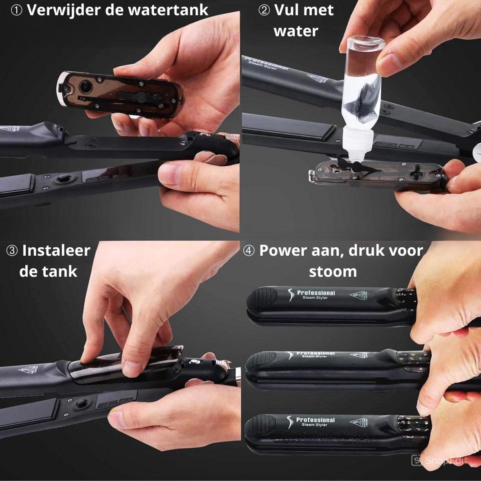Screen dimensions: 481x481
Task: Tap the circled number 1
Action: (x=16, y=10)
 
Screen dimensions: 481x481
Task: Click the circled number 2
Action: (x=264, y=10)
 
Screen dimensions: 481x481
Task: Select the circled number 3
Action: (x=12, y=251)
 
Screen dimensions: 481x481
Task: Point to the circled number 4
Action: (x=249, y=251)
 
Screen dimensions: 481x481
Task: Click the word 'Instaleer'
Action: (x=56, y=251)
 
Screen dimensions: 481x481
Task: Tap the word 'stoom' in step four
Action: (x=333, y=271)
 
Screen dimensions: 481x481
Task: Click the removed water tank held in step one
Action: (x=120, y=95)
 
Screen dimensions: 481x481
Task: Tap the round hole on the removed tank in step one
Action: (x=85, y=85)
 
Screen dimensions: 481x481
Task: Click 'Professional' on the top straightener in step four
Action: (x=316, y=293)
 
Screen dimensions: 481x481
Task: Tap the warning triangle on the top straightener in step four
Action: (x=356, y=297)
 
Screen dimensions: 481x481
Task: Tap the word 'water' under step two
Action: (x=296, y=31)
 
